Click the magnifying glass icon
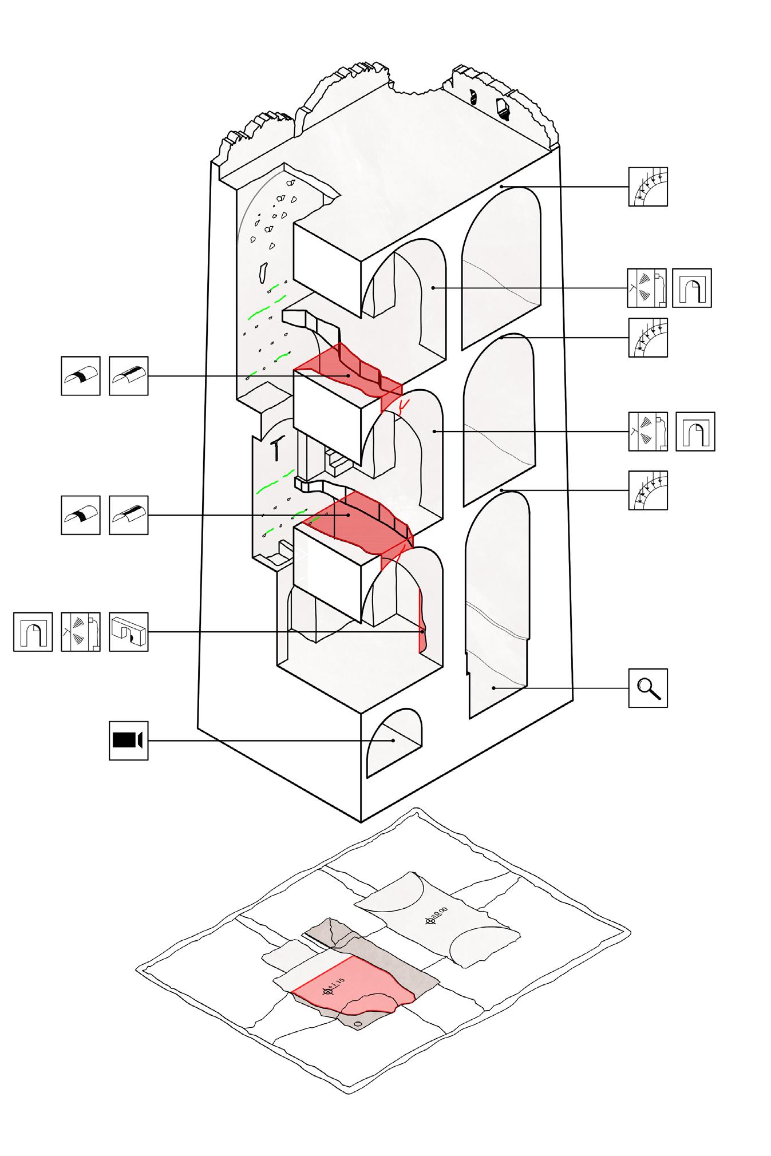[648, 687]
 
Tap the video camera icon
[128, 741]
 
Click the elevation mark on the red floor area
[329, 991]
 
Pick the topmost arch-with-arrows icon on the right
[648, 187]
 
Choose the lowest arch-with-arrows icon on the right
[648, 490]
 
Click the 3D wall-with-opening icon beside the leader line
[128, 632]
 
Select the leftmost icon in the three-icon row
[33, 632]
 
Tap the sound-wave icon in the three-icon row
[81, 632]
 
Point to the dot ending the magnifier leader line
[493, 687]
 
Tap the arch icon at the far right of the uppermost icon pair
[691, 288]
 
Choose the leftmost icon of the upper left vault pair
[81, 375]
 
